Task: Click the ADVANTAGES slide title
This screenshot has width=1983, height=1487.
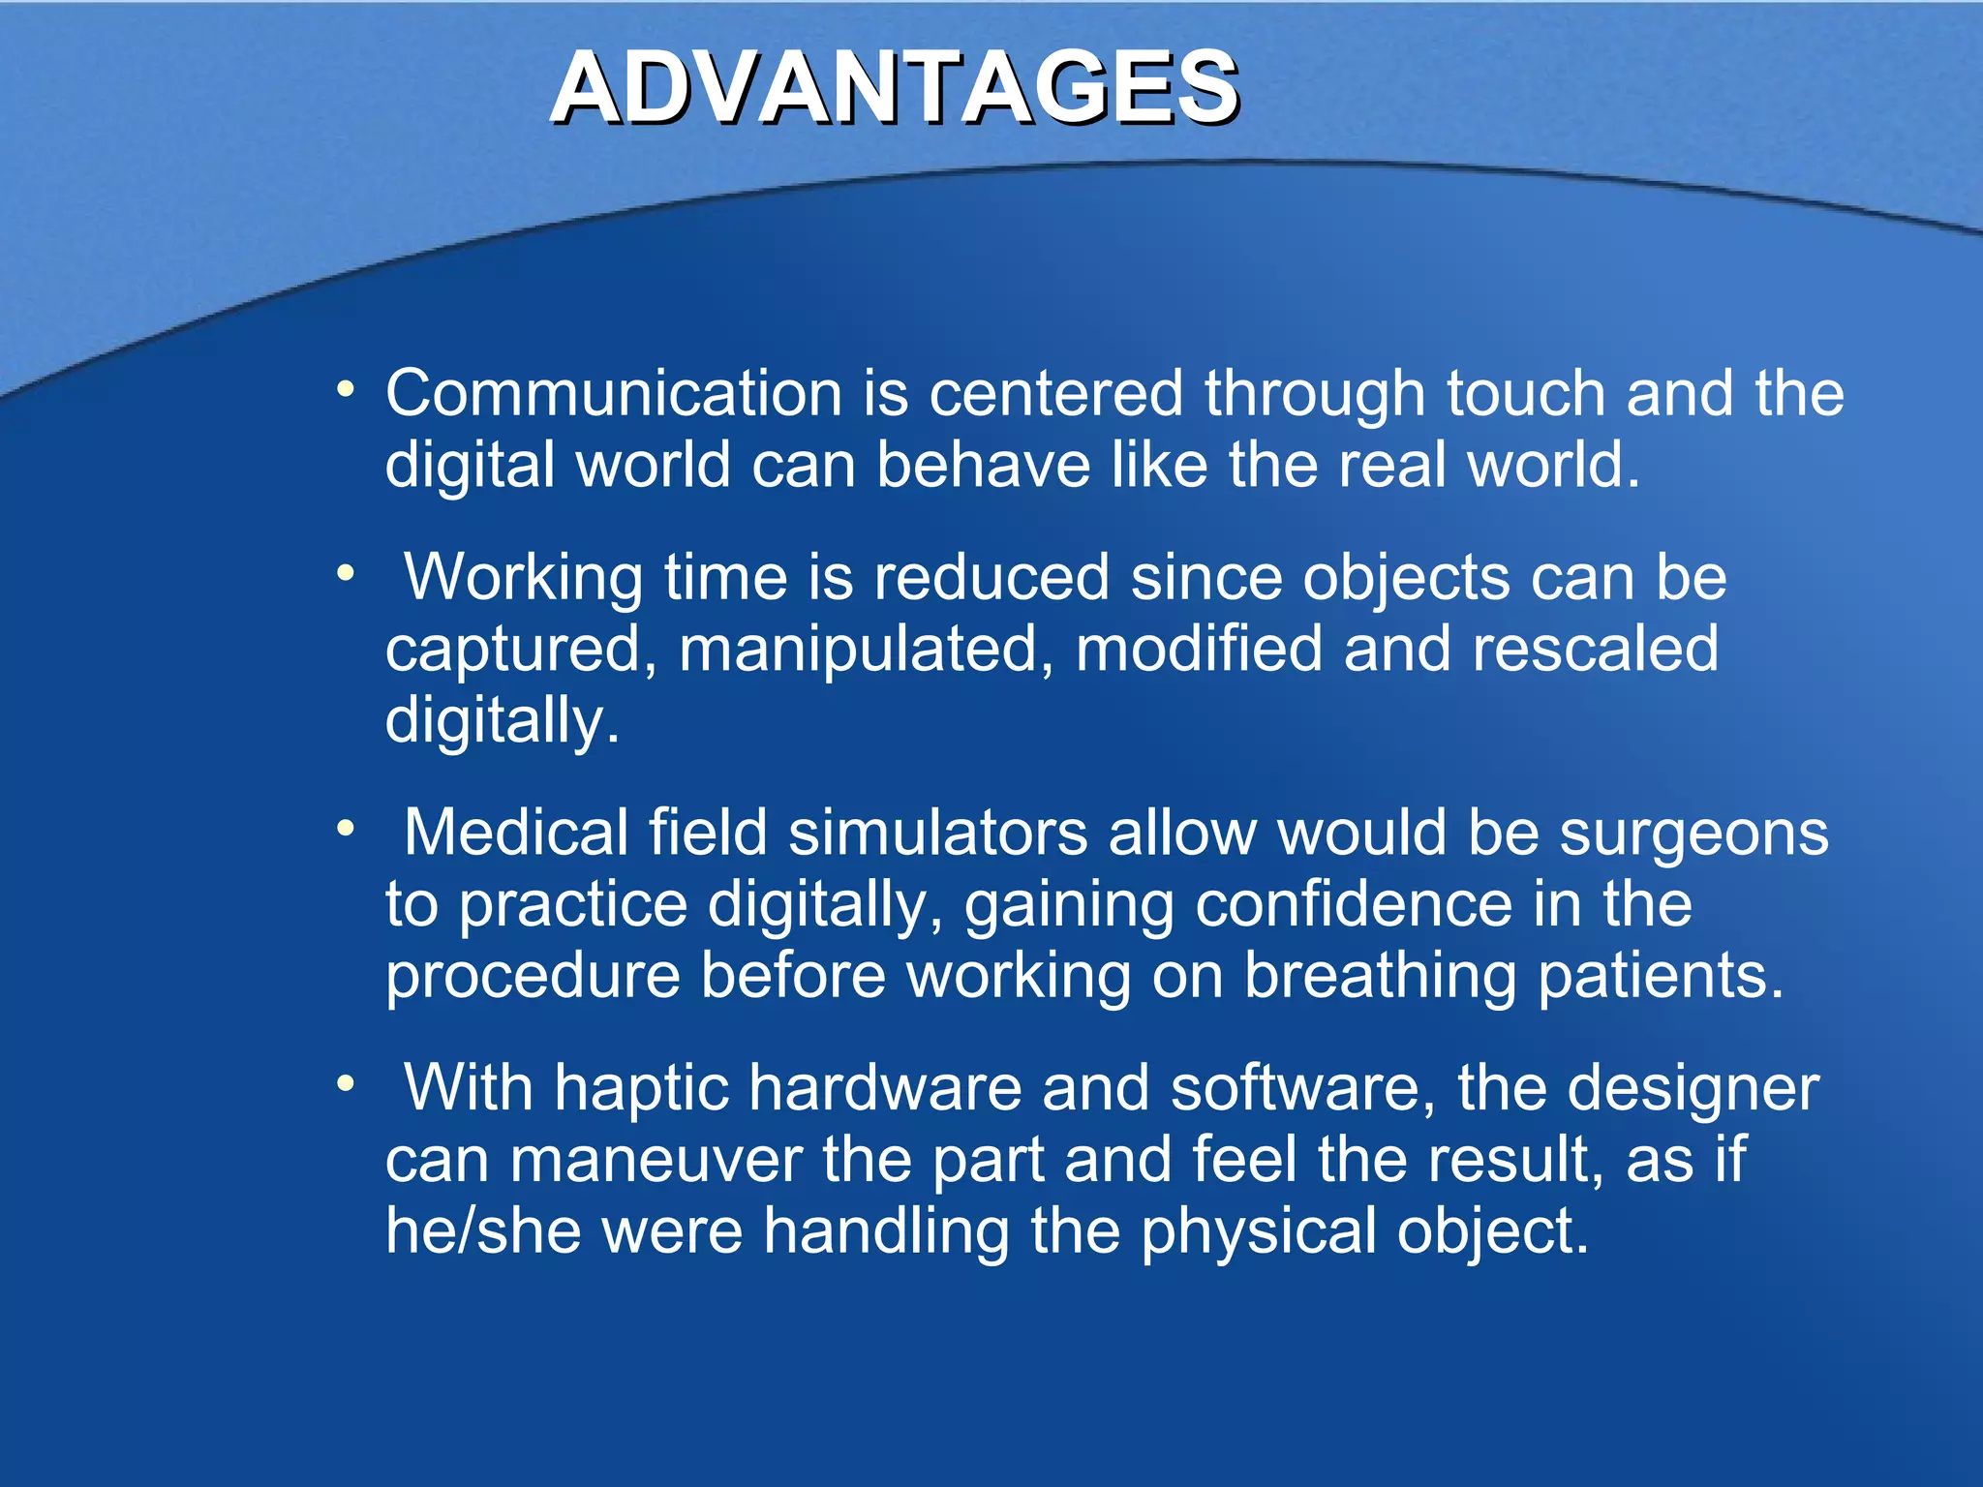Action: (x=895, y=89)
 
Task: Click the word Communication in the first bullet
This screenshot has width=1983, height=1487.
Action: (x=614, y=394)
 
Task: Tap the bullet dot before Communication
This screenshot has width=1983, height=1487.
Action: (x=346, y=391)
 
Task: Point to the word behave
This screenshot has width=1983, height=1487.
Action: (x=983, y=466)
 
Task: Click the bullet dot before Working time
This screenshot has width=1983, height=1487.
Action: (x=346, y=574)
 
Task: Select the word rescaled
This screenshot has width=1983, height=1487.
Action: (x=1595, y=649)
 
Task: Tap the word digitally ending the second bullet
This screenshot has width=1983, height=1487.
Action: (x=501, y=721)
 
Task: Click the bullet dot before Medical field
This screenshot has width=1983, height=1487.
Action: (x=346, y=830)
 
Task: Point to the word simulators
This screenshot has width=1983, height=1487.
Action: (x=937, y=833)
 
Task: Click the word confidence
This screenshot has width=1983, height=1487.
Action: (x=1354, y=905)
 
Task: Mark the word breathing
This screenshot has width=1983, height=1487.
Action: (x=1380, y=976)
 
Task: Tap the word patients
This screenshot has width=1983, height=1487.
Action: (x=1660, y=976)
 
